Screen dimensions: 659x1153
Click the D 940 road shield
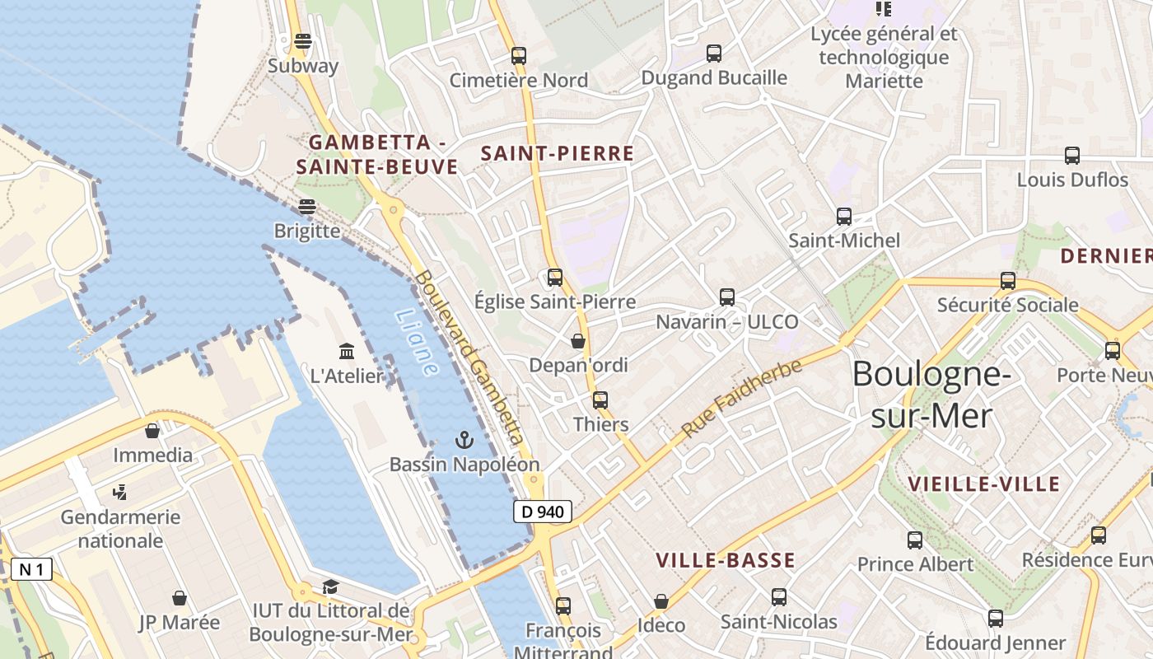tap(543, 512)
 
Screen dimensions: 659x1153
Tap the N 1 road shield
tap(31, 569)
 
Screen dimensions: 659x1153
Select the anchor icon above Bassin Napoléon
tap(464, 439)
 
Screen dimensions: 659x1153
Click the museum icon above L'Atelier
tap(347, 352)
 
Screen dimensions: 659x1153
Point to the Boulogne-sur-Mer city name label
tap(931, 395)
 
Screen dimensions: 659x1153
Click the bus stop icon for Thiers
tap(600, 400)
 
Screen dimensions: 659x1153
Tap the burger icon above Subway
tap(303, 41)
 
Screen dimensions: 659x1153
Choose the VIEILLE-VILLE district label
tap(983, 484)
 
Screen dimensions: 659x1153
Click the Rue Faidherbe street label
tap(741, 400)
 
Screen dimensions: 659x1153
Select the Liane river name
tap(417, 342)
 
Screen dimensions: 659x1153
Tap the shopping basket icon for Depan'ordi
tap(578, 340)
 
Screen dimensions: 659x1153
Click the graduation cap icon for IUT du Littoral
tap(330, 587)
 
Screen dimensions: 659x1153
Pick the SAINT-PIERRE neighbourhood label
tap(557, 153)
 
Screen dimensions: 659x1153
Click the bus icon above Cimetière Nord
tap(518, 56)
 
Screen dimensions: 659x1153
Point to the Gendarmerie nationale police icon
tap(120, 493)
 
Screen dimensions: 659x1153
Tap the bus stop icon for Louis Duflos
tap(1071, 155)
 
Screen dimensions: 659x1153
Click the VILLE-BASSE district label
tap(725, 560)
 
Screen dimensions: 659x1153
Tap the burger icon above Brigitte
tap(307, 206)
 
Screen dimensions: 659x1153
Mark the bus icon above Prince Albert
tap(914, 540)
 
